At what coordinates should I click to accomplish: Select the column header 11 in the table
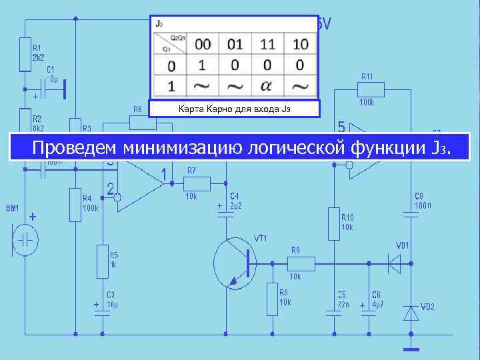tap(267, 45)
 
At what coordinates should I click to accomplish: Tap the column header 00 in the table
tap(203, 45)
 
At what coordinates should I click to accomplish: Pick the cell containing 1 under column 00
tap(203, 65)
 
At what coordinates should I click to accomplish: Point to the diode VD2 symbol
tap(411, 312)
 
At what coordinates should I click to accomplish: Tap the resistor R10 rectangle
tap(333, 223)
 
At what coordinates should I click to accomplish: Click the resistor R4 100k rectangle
tap(75, 204)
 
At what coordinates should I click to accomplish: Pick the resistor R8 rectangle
tap(272, 299)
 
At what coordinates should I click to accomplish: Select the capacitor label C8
tap(419, 196)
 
